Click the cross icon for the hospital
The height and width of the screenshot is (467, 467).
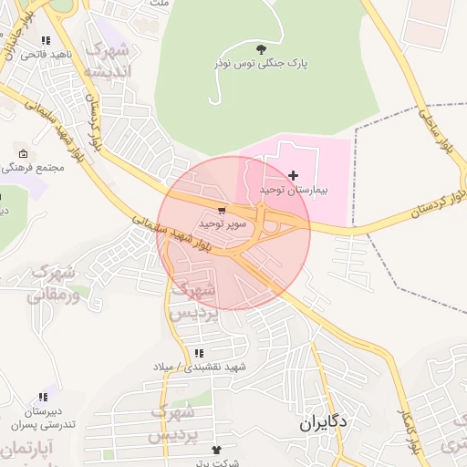point(292,174)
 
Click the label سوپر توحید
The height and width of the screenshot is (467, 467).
point(219,223)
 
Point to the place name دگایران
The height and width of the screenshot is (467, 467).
point(323,424)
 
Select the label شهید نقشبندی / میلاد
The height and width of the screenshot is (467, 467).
point(201,367)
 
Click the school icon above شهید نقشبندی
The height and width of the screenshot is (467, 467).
point(199,353)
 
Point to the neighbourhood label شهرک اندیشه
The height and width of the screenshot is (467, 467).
point(107,59)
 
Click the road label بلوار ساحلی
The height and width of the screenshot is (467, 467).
point(430,137)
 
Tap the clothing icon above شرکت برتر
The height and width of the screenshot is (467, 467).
point(216,450)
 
